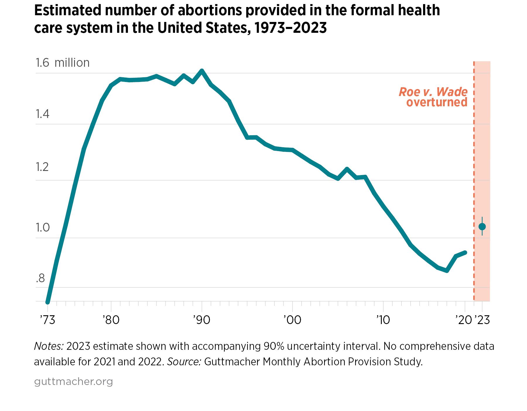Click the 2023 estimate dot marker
point(482,227)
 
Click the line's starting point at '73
point(48,302)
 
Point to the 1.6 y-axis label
point(42,63)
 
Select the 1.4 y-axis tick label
point(42,114)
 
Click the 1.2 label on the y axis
point(42,167)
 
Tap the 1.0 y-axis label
point(42,227)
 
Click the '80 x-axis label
point(111,320)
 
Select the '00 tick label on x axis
point(292,320)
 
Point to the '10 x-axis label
point(383,320)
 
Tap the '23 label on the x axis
point(482,320)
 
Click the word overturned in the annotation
point(437,102)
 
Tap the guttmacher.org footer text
point(73,382)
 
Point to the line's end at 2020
point(465,252)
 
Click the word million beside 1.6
point(72,63)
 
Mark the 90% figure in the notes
point(273,346)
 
